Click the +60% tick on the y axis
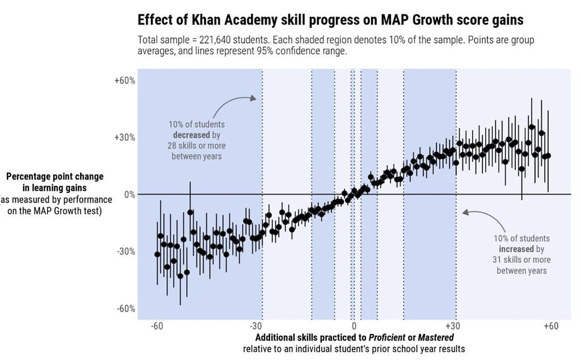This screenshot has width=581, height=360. [125, 81]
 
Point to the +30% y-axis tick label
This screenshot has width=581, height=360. [125, 137]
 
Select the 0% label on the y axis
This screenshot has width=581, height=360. [129, 195]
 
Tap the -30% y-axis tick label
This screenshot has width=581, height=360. [126, 252]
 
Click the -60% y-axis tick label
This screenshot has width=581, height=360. [126, 309]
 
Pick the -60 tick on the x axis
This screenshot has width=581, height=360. [157, 326]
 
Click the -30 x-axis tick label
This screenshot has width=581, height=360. [255, 326]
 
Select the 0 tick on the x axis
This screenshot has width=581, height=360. [353, 326]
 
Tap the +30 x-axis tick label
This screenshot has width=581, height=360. [452, 326]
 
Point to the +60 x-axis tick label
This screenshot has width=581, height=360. [550, 326]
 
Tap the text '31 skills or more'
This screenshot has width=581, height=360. [521, 259]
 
